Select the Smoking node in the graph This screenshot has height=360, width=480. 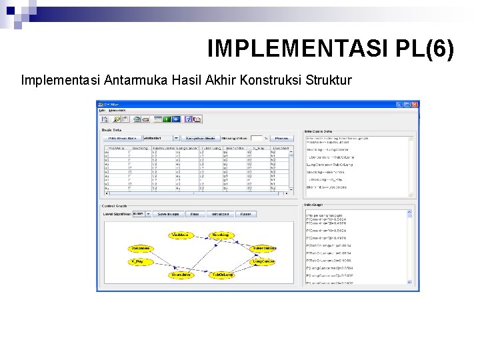220,235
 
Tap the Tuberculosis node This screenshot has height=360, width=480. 264,249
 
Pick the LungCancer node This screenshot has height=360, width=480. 263,262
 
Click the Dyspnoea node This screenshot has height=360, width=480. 141,249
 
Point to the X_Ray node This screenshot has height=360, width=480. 141,262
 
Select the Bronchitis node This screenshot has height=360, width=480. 181,275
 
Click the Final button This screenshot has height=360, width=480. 193,214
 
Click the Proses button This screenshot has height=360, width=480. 281,138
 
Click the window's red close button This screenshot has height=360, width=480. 415,105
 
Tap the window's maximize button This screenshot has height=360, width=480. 407,105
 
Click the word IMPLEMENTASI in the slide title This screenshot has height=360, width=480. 289,49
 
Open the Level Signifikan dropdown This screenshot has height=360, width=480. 139,214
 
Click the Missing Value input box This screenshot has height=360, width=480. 256,138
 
